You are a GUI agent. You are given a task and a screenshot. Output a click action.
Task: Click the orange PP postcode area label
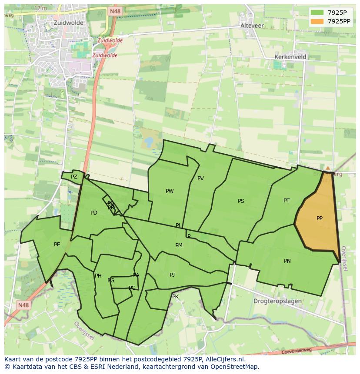(x=320, y=218)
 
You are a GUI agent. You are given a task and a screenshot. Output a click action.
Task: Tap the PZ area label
(x=74, y=177)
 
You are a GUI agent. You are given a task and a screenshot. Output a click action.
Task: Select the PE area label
(x=57, y=245)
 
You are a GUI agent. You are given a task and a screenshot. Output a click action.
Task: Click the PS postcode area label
(x=241, y=201)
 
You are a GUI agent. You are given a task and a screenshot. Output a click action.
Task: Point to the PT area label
(x=287, y=201)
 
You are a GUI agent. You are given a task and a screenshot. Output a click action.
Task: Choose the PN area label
(x=287, y=261)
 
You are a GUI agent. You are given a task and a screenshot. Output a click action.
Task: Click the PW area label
(x=170, y=191)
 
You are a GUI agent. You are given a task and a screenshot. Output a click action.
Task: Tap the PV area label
(x=200, y=179)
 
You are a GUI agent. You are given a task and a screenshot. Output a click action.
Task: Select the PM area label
(x=179, y=245)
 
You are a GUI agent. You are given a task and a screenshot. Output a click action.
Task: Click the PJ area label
(x=172, y=275)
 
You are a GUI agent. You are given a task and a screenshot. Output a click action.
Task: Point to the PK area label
(x=175, y=297)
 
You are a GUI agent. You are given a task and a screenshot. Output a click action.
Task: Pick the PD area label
(x=94, y=213)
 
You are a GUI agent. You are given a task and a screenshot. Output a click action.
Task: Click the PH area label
(x=98, y=276)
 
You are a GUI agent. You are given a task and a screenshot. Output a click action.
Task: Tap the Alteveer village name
(x=252, y=26)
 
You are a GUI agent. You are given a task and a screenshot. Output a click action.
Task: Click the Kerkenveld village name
(x=290, y=57)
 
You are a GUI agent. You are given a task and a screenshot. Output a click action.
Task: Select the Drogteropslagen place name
(x=278, y=301)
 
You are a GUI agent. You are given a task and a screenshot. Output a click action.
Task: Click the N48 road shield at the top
(x=115, y=11)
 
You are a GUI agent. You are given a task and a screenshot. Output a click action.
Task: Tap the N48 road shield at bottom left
(x=23, y=305)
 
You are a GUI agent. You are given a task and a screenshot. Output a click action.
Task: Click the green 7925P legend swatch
(x=317, y=12)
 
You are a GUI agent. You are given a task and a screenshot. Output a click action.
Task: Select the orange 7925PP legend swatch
(x=317, y=21)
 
